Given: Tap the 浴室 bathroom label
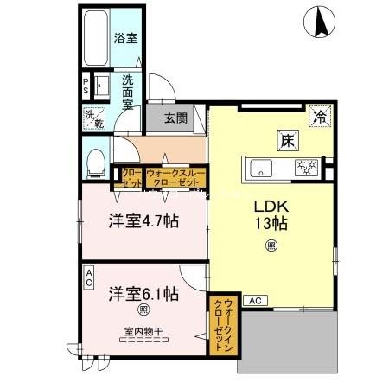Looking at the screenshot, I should click(125, 39).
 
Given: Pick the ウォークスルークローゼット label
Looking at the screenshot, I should click(175, 178).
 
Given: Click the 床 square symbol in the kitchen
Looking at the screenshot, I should click(286, 138).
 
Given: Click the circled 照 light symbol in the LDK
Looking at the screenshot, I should click(271, 247).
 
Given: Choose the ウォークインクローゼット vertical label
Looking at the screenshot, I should click(223, 324).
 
